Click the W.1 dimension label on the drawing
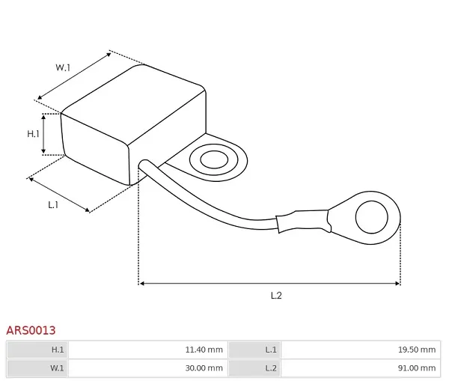pos(63,67)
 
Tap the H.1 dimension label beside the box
pos(33,134)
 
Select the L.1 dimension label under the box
pos(53,205)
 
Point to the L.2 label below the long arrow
pos(276,296)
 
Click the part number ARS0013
pos(31,330)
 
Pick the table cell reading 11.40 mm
pos(148,350)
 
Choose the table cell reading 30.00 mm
pos(148,368)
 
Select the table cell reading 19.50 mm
pos(361,350)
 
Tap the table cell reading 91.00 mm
pos(361,368)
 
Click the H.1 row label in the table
pos(38,350)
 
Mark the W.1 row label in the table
pos(38,368)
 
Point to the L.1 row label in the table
pos(255,350)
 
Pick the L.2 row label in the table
pos(255,368)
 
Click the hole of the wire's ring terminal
pos(372,217)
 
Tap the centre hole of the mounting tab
pos(214,159)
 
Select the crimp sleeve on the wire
pos(303,222)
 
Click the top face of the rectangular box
pos(134,104)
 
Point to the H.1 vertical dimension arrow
pos(43,134)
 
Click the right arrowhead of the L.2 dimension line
pos(398,284)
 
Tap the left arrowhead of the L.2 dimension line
pos(141,284)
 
